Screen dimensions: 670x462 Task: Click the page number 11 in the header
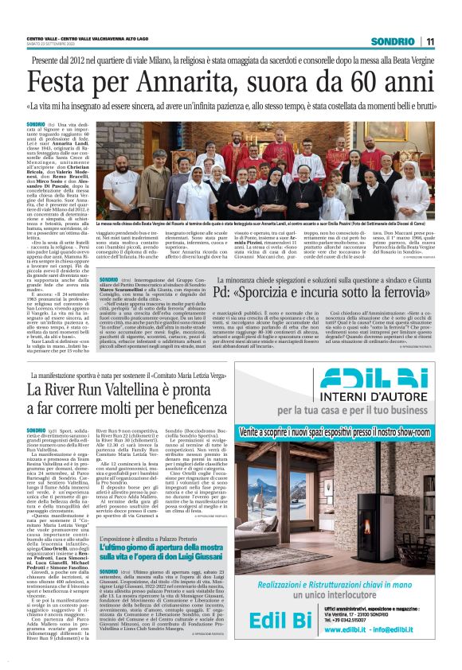(x=429, y=41)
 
